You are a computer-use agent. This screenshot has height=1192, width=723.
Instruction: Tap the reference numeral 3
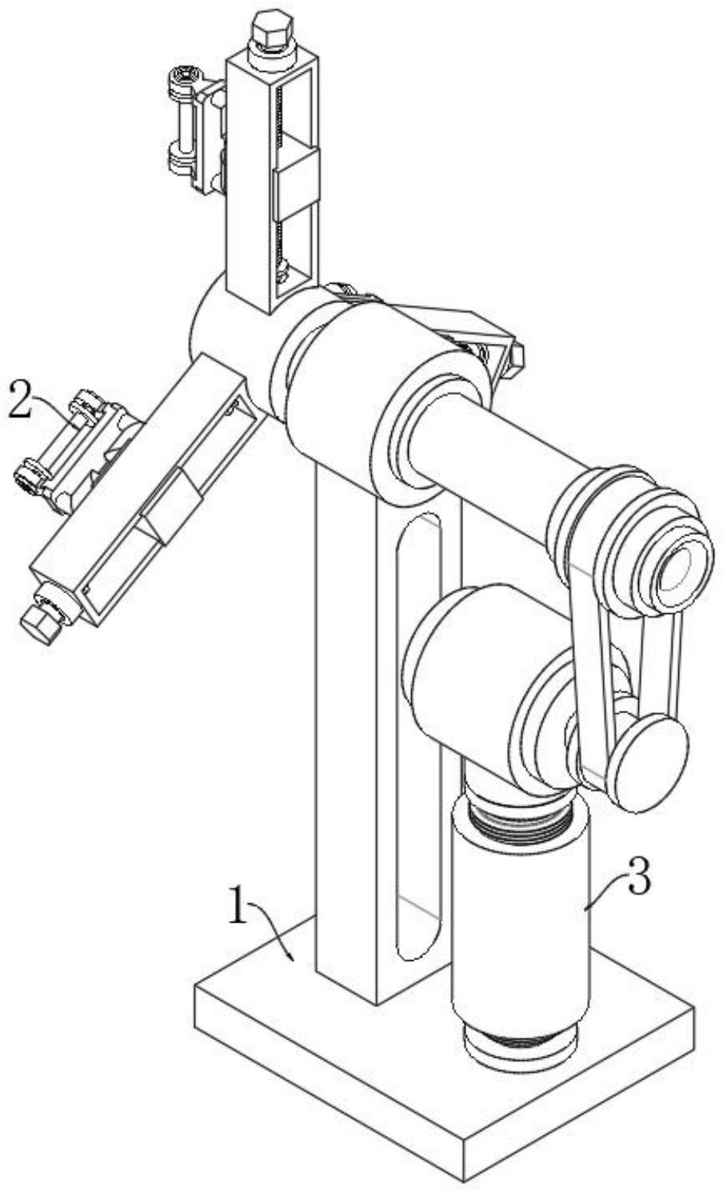point(637,879)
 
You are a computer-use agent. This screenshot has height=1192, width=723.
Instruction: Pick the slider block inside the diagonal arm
point(170,506)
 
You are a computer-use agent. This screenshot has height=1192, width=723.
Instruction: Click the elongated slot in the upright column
point(418,736)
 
